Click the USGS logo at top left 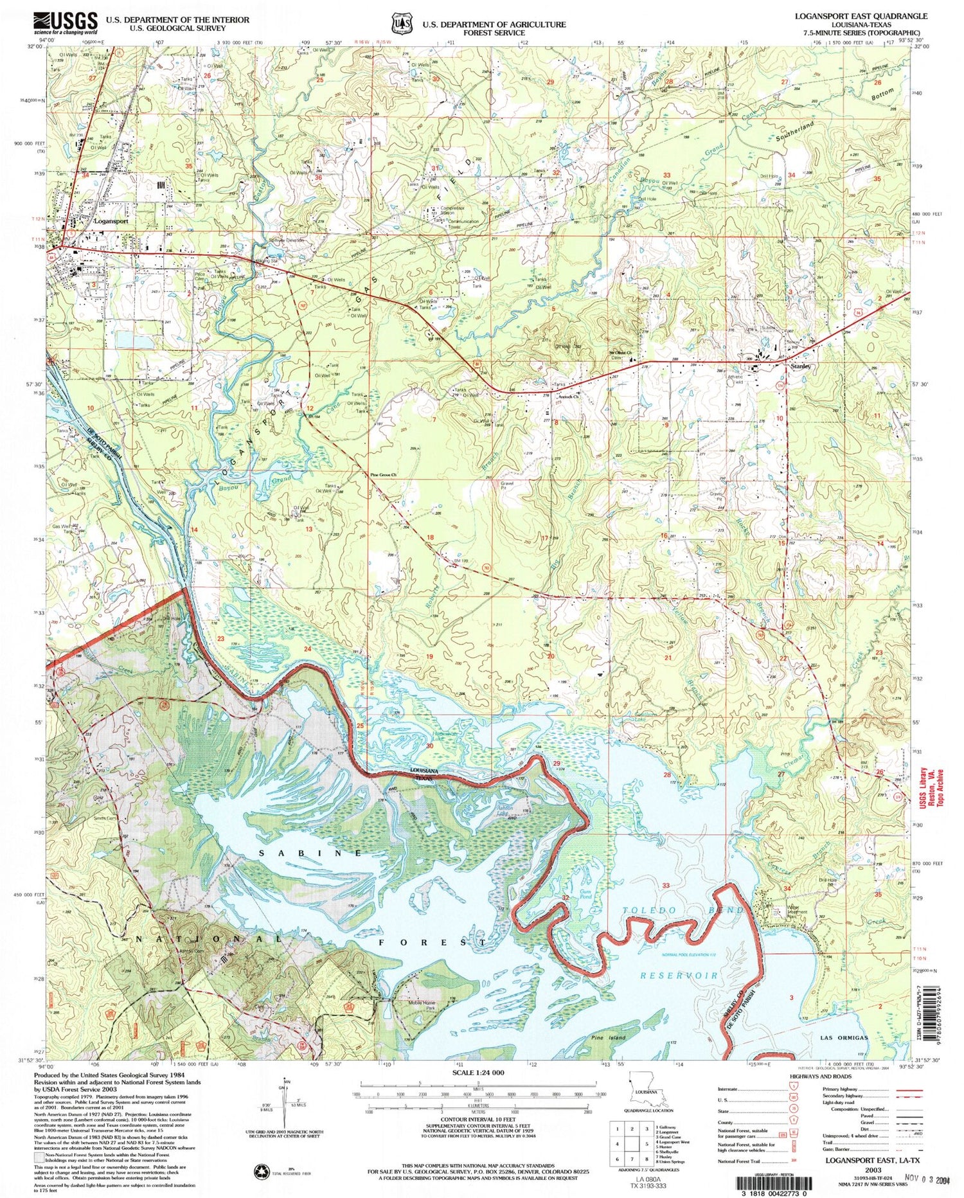click(66, 23)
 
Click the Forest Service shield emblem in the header click(402, 23)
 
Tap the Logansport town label click(111, 220)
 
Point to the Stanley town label click(800, 366)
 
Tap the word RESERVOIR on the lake click(679, 975)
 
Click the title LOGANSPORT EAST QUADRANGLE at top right click(861, 16)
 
